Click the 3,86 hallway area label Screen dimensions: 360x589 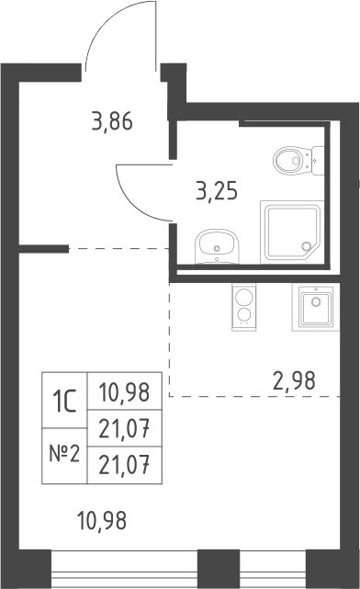[x=112, y=122]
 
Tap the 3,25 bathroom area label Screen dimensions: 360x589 [x=217, y=191]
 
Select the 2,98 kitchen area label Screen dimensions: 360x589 [x=294, y=381]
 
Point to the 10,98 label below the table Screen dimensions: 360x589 [x=102, y=521]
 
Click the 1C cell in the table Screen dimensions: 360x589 [x=64, y=401]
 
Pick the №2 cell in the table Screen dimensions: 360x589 [x=64, y=455]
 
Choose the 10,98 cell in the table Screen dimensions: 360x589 [x=124, y=391]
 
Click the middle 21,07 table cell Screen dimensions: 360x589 [x=124, y=428]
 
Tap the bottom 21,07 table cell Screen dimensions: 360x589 [x=124, y=465]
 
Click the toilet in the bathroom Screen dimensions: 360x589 [x=298, y=161]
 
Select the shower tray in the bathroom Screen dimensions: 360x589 [x=292, y=232]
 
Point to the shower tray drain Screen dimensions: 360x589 [x=307, y=246]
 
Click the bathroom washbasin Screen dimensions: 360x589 [x=217, y=246]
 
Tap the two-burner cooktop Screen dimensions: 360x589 [x=244, y=307]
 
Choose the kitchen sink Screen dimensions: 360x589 [x=316, y=307]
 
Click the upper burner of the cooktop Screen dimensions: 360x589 [x=244, y=297]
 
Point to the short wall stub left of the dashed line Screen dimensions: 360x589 [x=44, y=249]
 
